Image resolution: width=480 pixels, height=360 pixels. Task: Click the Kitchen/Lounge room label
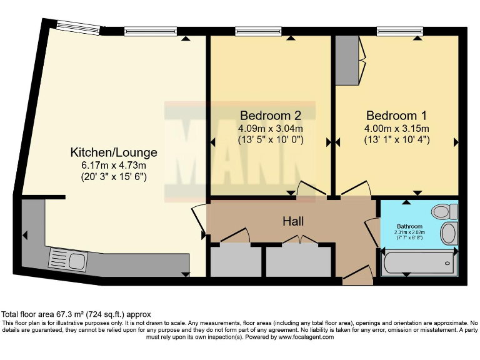click(x=114, y=152)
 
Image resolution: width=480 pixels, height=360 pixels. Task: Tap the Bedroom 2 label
click(x=270, y=116)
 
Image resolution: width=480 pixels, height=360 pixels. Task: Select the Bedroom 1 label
click(x=396, y=116)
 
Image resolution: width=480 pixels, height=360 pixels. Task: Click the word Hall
click(x=293, y=221)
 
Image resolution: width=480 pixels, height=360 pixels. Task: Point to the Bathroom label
click(x=409, y=226)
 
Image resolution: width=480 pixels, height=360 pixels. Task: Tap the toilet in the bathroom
click(x=444, y=211)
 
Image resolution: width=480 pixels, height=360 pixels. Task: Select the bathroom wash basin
click(x=449, y=234)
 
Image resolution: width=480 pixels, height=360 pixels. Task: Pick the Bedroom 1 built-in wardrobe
click(x=347, y=60)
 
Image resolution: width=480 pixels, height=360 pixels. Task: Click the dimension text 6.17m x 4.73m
click(x=114, y=166)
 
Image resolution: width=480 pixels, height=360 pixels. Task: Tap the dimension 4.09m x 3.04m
click(x=271, y=128)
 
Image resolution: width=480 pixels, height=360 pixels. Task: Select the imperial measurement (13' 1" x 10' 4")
click(x=397, y=140)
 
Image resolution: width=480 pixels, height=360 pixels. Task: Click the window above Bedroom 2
click(x=258, y=31)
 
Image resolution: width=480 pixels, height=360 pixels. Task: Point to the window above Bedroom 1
click(x=400, y=31)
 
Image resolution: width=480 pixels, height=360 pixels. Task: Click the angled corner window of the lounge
click(x=79, y=27)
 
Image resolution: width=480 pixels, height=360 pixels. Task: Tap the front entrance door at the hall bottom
click(x=358, y=273)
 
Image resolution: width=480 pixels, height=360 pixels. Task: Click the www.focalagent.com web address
click(x=306, y=337)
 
